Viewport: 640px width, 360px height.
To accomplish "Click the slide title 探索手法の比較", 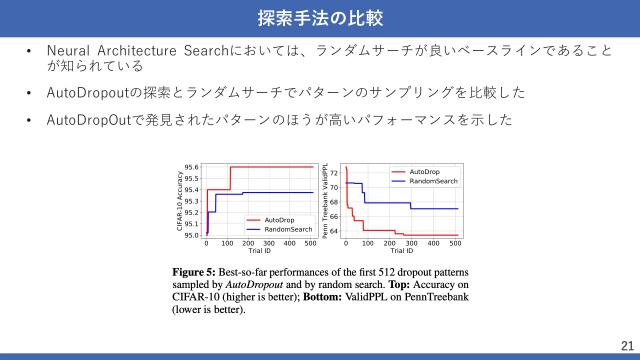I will coord(319,19).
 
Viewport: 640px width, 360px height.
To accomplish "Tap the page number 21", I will coord(627,343).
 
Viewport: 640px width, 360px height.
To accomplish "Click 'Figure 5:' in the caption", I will coord(194,272).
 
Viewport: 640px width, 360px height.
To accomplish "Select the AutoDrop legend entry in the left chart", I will coord(279,220).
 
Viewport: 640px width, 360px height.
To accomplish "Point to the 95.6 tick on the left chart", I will coord(192,167).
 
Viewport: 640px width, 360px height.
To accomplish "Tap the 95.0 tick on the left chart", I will coord(192,235).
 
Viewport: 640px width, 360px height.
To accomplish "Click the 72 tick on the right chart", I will coord(334,173).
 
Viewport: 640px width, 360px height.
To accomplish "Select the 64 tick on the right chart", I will coord(334,231).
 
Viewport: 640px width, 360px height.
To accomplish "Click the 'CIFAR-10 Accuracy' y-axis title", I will coord(180,201).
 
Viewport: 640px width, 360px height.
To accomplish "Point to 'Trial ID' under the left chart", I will coord(259,250).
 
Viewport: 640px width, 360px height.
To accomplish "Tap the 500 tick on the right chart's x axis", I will coord(455,243).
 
